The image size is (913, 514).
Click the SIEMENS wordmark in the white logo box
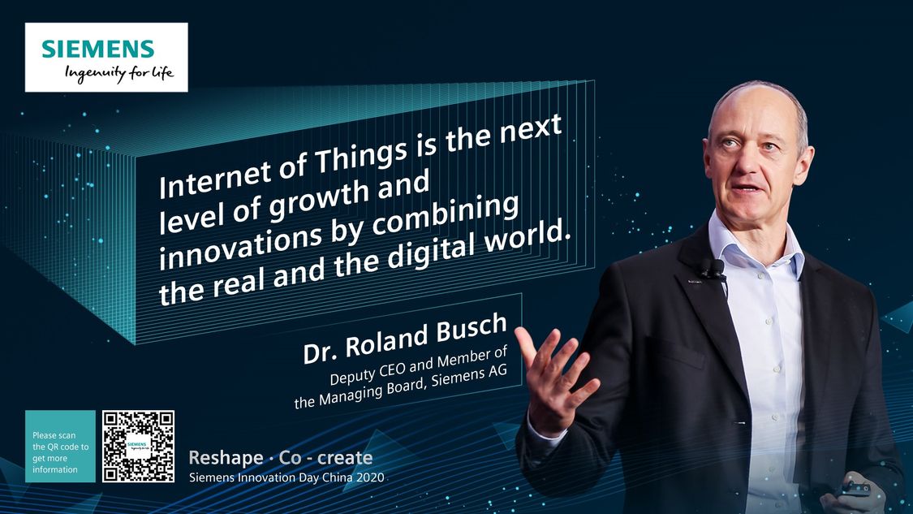(x=98, y=49)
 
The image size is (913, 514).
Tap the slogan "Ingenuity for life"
(x=119, y=74)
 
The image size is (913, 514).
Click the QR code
(x=138, y=447)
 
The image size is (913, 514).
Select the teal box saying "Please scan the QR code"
(x=60, y=447)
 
